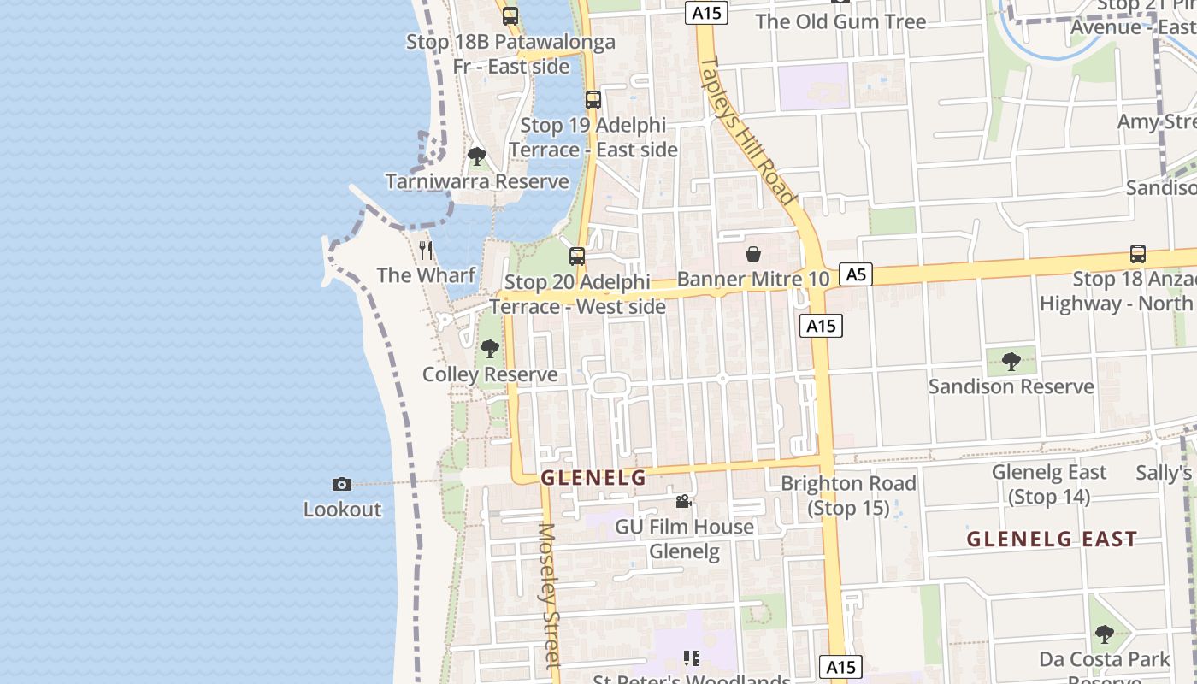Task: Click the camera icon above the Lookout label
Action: (x=341, y=485)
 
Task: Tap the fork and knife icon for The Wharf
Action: (x=426, y=251)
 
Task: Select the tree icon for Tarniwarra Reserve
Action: (x=477, y=157)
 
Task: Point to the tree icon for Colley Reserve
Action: (x=490, y=349)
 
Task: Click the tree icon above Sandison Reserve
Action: (x=1011, y=362)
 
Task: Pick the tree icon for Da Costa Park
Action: (x=1105, y=634)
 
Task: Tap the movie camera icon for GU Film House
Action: (x=683, y=502)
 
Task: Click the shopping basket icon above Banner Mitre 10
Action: (x=753, y=254)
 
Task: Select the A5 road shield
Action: (x=856, y=274)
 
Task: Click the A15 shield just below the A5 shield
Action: (x=821, y=326)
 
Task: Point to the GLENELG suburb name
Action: (x=593, y=478)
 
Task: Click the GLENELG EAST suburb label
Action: (x=1052, y=539)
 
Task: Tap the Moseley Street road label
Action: (x=549, y=595)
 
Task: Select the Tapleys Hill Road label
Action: (x=747, y=130)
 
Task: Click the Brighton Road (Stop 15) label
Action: (x=849, y=495)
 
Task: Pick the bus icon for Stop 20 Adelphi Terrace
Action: (x=577, y=256)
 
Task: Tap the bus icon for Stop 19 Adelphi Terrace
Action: (x=593, y=100)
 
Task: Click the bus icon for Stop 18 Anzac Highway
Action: (x=1137, y=254)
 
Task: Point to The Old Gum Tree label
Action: (x=840, y=21)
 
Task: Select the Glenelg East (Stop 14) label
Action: (x=1049, y=484)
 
